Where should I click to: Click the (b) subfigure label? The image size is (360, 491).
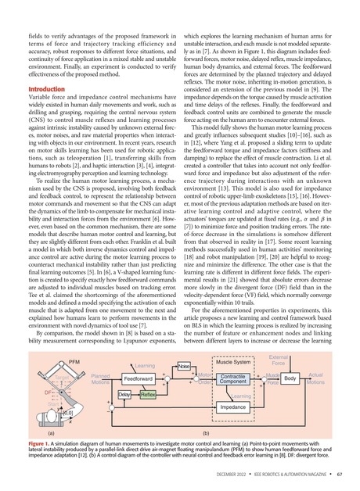coord(205,431)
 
